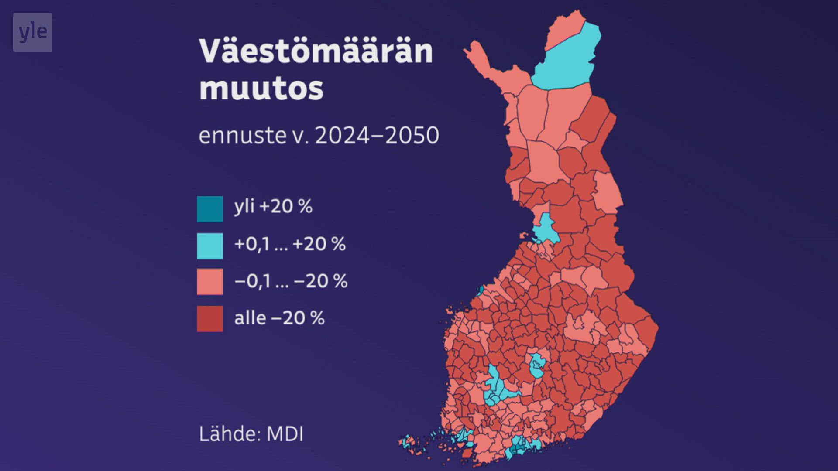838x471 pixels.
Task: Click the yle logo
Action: (x=33, y=33)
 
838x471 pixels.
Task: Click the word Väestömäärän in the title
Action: (x=316, y=51)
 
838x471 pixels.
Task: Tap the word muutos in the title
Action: (x=261, y=89)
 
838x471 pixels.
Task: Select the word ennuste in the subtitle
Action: (x=242, y=135)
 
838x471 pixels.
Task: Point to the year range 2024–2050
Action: (x=377, y=135)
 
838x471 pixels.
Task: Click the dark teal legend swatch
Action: (x=210, y=209)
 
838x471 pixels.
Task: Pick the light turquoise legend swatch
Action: (x=210, y=246)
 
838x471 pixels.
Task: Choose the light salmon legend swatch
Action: (x=210, y=282)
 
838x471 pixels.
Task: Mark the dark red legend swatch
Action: (x=210, y=319)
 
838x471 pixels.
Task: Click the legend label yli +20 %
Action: (x=273, y=206)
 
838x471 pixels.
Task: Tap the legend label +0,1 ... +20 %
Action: (x=290, y=244)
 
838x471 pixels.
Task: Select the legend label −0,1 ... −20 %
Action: (x=291, y=281)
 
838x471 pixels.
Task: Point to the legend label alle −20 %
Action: (x=279, y=318)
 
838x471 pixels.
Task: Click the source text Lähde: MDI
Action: (x=251, y=434)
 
